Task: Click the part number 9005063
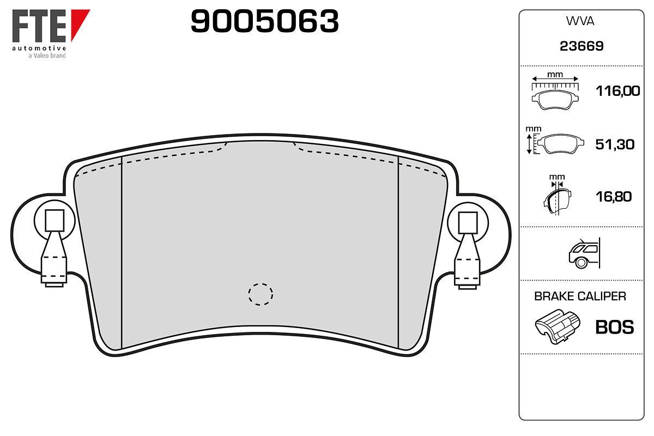tap(264, 21)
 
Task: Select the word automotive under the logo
tap(39, 48)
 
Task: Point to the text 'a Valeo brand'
tap(47, 56)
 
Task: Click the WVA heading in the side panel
tap(580, 21)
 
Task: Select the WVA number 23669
tap(582, 46)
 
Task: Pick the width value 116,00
tap(617, 91)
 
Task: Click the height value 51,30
tap(615, 144)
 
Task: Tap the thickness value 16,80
tap(614, 197)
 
